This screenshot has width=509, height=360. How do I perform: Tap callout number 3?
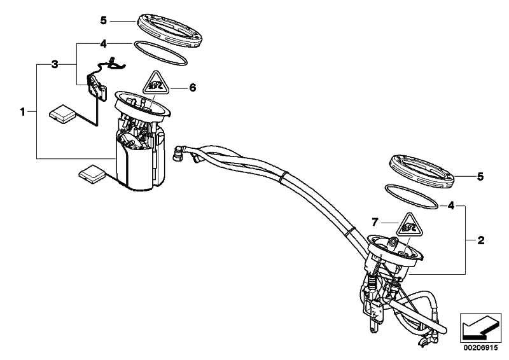[55, 64]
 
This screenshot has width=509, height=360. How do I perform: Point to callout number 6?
[193, 88]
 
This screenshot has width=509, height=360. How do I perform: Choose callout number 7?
[375, 222]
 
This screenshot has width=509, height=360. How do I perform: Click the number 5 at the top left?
[104, 21]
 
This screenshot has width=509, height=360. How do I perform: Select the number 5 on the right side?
[481, 175]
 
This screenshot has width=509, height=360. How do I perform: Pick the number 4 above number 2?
[451, 205]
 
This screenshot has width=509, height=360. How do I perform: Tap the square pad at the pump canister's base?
[92, 172]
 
